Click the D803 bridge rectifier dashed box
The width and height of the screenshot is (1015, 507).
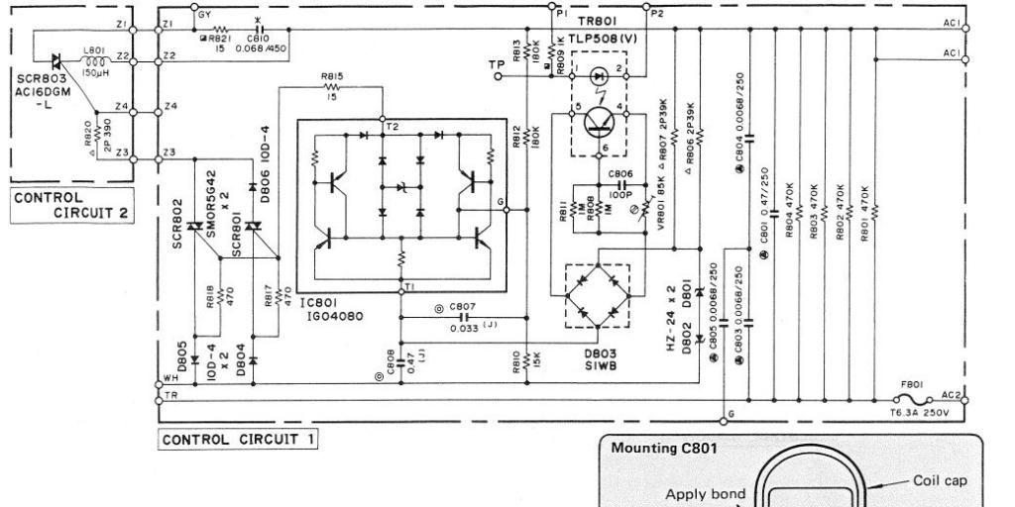(x=598, y=294)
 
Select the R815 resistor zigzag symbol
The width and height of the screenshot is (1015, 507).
(x=332, y=89)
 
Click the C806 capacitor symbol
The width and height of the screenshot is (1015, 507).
(x=623, y=183)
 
